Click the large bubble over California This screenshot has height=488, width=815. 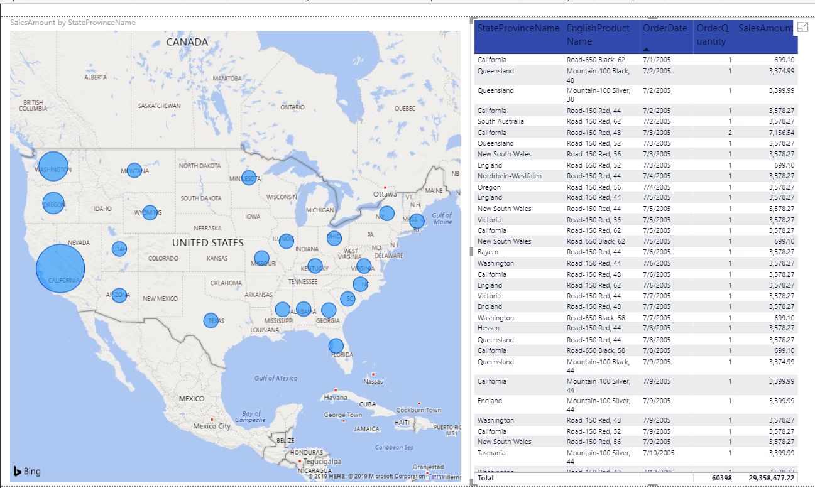(x=60, y=268)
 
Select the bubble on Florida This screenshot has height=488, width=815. (x=336, y=346)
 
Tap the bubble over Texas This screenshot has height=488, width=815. (x=212, y=321)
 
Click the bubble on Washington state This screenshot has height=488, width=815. (x=53, y=166)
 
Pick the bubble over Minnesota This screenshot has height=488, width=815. (x=249, y=178)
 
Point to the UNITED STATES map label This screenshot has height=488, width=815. (x=207, y=242)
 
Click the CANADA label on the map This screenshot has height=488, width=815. (x=187, y=42)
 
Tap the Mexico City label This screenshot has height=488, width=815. (x=212, y=426)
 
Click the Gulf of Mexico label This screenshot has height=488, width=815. (x=276, y=378)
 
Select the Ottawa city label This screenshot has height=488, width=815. (x=385, y=194)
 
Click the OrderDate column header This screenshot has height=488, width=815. (x=665, y=29)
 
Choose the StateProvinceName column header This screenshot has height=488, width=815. (x=518, y=29)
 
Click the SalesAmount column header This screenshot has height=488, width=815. (x=765, y=29)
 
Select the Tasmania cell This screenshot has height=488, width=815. (x=493, y=452)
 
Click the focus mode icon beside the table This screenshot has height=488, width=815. (x=802, y=27)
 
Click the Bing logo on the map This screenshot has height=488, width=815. (x=28, y=471)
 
